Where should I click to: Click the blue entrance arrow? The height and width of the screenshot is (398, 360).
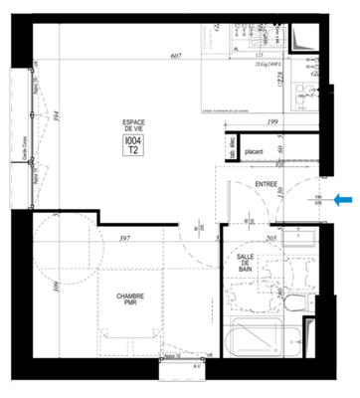[x=344, y=200]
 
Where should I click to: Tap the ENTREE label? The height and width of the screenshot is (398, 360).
[x=266, y=184]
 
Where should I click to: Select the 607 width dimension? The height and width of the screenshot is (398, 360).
[x=175, y=57]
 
